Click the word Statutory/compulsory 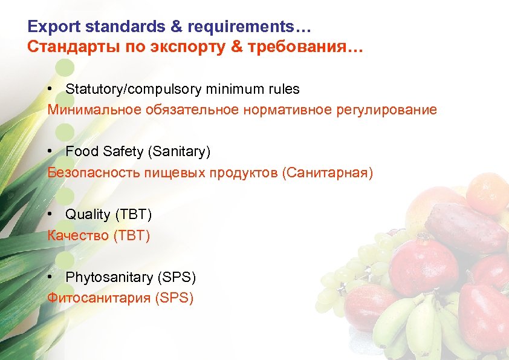[x=134, y=90]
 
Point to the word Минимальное [x=94, y=110]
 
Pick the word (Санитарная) [x=327, y=173]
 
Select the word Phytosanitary [x=109, y=278]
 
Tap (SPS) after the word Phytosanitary [x=177, y=278]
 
